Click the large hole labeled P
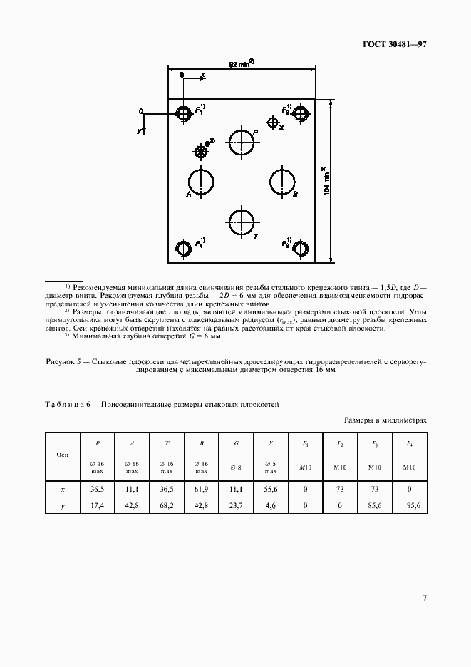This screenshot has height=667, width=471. click(242, 142)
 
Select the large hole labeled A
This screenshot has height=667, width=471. click(201, 182)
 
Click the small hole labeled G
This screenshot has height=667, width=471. click(202, 150)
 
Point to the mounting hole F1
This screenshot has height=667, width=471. click(184, 113)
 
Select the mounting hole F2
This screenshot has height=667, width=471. click(301, 113)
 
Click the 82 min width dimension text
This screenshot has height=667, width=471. click(242, 63)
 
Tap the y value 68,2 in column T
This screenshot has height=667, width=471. click(167, 505)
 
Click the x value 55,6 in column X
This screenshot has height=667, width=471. click(271, 490)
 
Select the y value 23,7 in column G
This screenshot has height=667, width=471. click(236, 505)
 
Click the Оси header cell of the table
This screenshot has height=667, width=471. click(62, 454)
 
